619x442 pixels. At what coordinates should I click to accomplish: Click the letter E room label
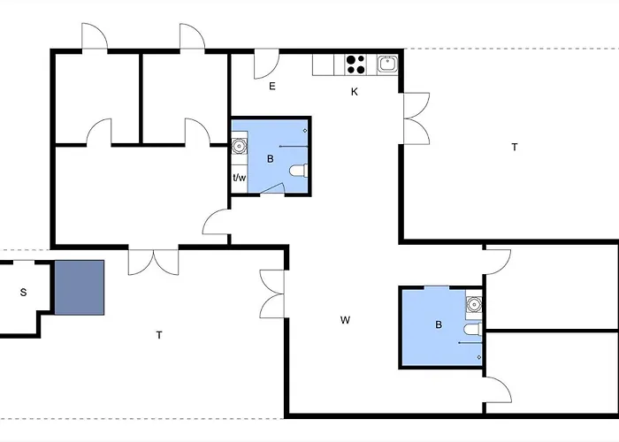(272, 86)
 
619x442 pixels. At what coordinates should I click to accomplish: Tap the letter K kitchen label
(355, 92)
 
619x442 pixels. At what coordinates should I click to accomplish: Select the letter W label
(345, 320)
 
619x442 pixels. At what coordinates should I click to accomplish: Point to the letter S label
(23, 293)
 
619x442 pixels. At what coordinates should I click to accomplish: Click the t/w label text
(240, 178)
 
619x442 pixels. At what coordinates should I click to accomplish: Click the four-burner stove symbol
(355, 65)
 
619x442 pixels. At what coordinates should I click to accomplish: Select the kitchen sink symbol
(387, 64)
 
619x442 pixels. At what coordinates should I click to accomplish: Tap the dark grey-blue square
(80, 287)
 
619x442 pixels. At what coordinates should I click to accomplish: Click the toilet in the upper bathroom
(299, 171)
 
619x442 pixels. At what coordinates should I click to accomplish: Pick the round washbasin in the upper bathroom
(239, 147)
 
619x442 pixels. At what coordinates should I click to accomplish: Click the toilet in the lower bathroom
(472, 329)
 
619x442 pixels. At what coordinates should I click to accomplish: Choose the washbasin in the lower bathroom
(474, 304)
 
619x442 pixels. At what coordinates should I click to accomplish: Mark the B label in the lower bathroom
(439, 324)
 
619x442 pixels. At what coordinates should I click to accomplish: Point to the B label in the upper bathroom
(271, 159)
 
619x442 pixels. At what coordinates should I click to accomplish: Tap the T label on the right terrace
(515, 148)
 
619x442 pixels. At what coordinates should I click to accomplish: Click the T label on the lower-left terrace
(159, 335)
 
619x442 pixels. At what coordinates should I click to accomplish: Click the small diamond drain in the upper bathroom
(305, 131)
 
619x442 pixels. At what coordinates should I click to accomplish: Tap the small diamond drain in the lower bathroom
(479, 357)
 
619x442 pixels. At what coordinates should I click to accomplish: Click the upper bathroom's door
(272, 188)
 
